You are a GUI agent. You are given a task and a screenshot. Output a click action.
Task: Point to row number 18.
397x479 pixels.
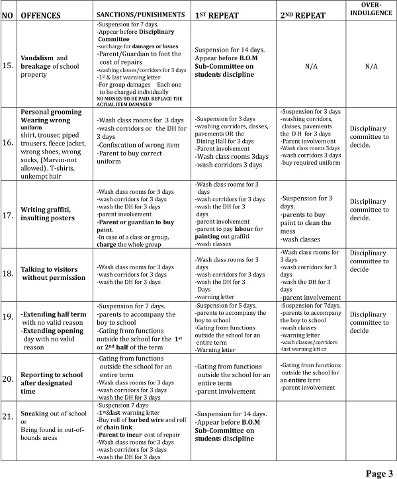point(8,273)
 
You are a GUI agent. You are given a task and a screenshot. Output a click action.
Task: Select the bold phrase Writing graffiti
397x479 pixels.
point(48,210)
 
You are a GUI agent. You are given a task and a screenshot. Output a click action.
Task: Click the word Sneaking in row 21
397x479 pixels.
point(36,413)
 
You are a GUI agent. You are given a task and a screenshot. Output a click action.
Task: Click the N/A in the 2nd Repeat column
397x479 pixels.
point(310,66)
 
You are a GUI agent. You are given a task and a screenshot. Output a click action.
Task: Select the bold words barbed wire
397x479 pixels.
point(150,419)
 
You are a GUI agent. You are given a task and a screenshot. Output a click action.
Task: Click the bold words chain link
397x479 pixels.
point(114,427)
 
